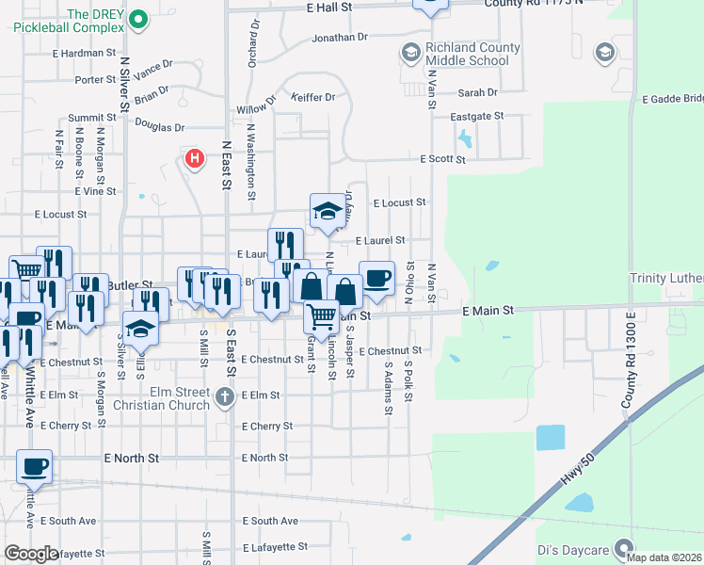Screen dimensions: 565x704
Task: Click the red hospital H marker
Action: coord(195,157)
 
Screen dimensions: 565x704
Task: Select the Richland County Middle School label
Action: coord(467,54)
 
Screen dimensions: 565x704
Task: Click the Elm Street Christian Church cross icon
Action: coord(224,397)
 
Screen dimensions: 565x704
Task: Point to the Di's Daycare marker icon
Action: coord(622,548)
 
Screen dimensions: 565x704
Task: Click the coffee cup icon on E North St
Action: coord(35,466)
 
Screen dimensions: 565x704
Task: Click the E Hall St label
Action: coord(328,7)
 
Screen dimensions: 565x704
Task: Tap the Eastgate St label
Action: coord(477,117)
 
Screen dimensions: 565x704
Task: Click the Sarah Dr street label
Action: coord(477,92)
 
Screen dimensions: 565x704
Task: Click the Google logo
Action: coord(31,554)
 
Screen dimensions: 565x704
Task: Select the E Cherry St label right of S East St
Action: coord(266,427)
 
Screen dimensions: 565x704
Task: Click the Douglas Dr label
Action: coord(159,127)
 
